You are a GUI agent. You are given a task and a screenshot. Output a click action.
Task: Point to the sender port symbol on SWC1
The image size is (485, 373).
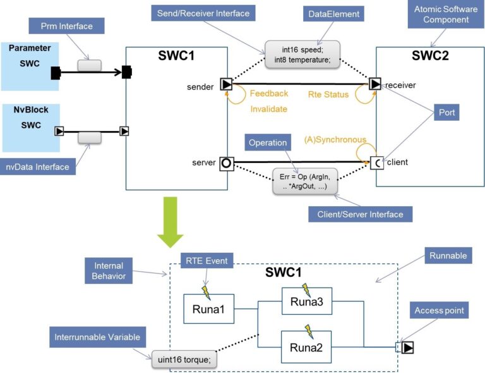pos(226,83)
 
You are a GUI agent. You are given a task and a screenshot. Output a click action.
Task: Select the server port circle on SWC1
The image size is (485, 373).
pos(226,164)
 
